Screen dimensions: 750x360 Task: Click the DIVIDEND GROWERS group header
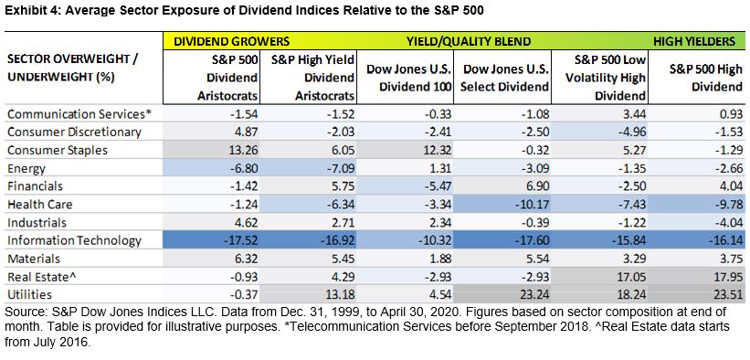click(x=231, y=42)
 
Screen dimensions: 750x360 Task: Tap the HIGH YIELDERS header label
click(x=694, y=42)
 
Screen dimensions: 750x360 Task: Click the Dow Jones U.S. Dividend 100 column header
click(x=409, y=78)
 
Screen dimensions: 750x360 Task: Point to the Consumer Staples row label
click(x=58, y=151)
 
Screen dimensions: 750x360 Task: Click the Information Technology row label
click(x=74, y=241)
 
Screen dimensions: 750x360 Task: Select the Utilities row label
click(x=29, y=295)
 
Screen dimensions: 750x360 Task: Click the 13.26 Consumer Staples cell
click(x=244, y=151)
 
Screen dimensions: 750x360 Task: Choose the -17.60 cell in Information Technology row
click(x=531, y=241)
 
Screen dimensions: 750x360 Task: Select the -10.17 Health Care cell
click(x=531, y=205)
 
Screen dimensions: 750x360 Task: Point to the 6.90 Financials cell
click(x=537, y=186)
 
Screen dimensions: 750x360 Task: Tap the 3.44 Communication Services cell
click(x=634, y=114)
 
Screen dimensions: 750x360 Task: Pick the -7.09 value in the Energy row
click(x=339, y=168)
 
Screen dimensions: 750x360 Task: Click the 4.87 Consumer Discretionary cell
click(x=247, y=132)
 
